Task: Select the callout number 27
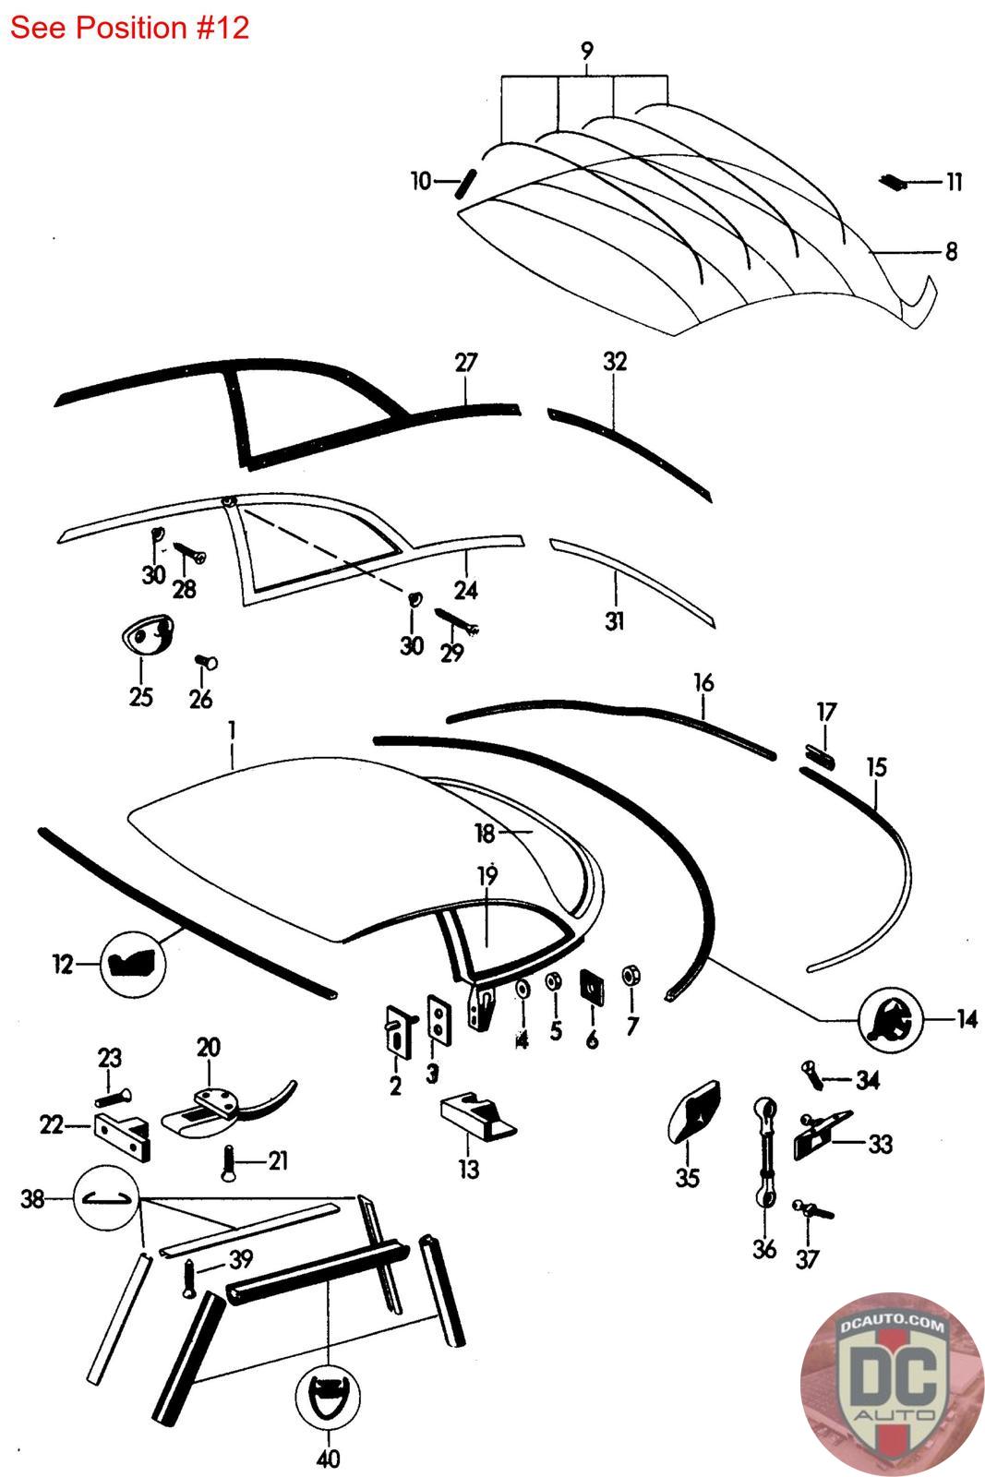point(466,362)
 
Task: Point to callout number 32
point(615,362)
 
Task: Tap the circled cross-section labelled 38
point(110,1199)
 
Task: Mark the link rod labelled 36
point(765,1153)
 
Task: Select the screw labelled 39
point(189,1280)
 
